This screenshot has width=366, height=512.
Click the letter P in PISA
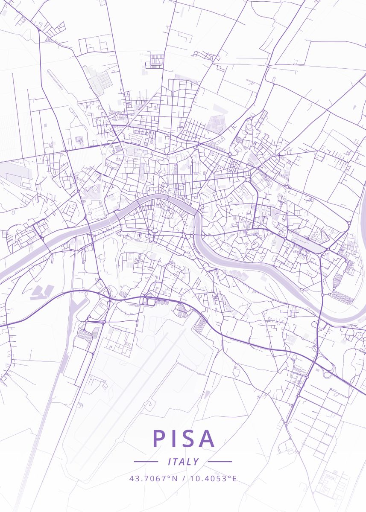(159, 438)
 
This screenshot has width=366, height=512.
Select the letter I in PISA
(173, 438)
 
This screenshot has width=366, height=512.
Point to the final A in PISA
(207, 438)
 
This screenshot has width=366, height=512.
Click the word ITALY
(183, 462)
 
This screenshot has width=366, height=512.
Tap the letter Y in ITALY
(196, 462)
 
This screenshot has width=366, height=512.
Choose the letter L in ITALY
(190, 462)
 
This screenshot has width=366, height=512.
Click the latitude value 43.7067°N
(153, 478)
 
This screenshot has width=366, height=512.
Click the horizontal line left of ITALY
(146, 462)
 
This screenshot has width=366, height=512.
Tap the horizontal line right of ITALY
(220, 462)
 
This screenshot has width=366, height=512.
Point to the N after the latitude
(174, 478)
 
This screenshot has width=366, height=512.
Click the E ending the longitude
(234, 478)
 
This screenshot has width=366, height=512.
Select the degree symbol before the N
(170, 476)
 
